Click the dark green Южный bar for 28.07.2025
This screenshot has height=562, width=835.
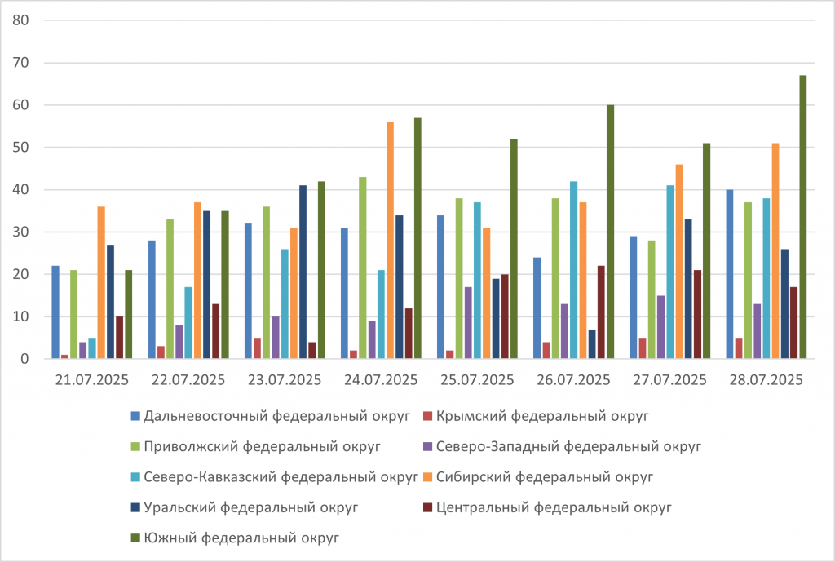pyautogui.click(x=803, y=217)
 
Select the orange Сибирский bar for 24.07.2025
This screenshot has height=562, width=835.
pyautogui.click(x=390, y=241)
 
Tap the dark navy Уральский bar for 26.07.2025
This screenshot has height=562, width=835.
pyautogui.click(x=592, y=344)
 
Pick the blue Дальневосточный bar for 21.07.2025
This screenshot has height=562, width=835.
pyautogui.click(x=55, y=312)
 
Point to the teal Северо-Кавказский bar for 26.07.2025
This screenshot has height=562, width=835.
pyautogui.click(x=574, y=270)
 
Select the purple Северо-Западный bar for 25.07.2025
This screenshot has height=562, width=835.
pyautogui.click(x=468, y=323)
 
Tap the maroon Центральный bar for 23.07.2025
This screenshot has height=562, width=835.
pyautogui.click(x=312, y=351)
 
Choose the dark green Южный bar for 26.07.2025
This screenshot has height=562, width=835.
pyautogui.click(x=610, y=232)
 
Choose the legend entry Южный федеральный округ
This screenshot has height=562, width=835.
pyautogui.click(x=241, y=538)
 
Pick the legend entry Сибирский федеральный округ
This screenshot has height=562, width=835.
pyautogui.click(x=545, y=476)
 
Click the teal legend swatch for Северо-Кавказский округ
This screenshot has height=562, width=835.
pyautogui.click(x=135, y=477)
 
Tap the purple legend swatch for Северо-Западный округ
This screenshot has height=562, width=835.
pyautogui.click(x=428, y=447)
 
